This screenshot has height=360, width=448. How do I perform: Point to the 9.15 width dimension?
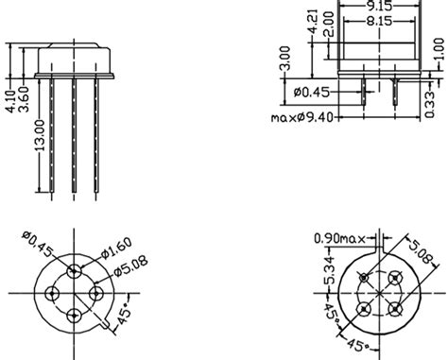coord(383,4)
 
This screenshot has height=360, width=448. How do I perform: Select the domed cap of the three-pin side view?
coord(75,58)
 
